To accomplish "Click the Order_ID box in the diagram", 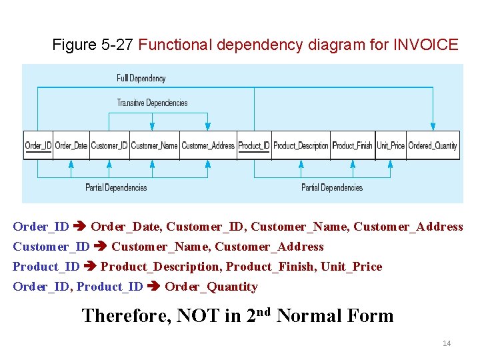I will pyautogui.click(x=38, y=145).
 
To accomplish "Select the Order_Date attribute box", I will pyautogui.click(x=71, y=145).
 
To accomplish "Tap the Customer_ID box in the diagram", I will pyautogui.click(x=109, y=145).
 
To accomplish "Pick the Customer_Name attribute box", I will pyautogui.click(x=154, y=145).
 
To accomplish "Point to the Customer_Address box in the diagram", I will pyautogui.click(x=208, y=145).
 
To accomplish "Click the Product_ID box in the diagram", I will pyautogui.click(x=254, y=145).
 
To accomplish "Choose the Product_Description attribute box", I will pyautogui.click(x=301, y=145).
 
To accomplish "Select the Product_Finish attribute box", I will pyautogui.click(x=352, y=145).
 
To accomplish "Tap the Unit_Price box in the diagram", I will pyautogui.click(x=391, y=145).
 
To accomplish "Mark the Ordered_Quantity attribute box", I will pyautogui.click(x=433, y=145).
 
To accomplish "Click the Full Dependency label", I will pyautogui.click(x=141, y=79).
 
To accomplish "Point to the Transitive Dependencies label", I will pyautogui.click(x=152, y=103).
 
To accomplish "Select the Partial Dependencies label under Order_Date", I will pyautogui.click(x=116, y=187).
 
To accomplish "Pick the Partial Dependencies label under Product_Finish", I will pyautogui.click(x=332, y=187).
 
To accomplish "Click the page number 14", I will pyautogui.click(x=447, y=343).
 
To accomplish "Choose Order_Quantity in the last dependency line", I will pyautogui.click(x=211, y=287).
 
